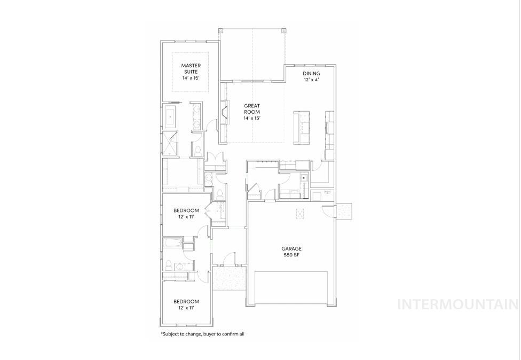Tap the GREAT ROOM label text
pos(252,109)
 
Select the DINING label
pos(311,74)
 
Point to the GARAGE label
pos(291,248)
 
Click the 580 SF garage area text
pos(291,255)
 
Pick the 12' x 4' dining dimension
pos(311,80)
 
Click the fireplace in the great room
pos(224,112)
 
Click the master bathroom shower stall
pos(171,143)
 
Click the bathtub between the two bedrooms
pos(172,245)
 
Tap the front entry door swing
pos(228,259)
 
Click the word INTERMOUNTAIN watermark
pos(458,304)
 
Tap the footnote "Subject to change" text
pos(202,334)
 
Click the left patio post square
pos(220,31)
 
